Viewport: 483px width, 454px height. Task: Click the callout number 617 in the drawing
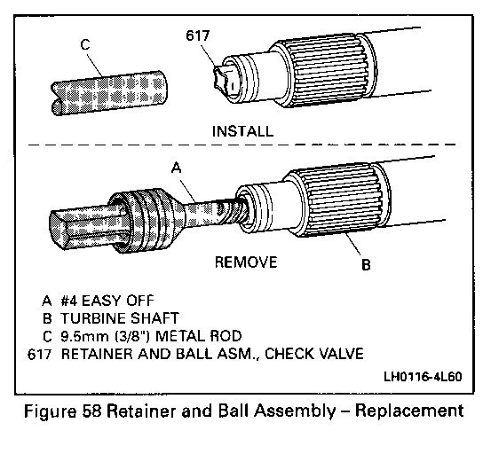tap(198, 35)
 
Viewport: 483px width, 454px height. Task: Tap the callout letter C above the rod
tap(85, 44)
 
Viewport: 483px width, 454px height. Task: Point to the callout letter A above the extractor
tap(177, 168)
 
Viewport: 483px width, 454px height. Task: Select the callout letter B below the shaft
tap(366, 264)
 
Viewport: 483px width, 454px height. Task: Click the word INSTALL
tap(242, 131)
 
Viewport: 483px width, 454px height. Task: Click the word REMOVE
tap(246, 262)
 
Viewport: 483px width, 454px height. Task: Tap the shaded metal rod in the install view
tap(109, 93)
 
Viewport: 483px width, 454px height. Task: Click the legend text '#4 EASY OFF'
tap(107, 301)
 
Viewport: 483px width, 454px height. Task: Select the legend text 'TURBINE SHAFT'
tap(120, 318)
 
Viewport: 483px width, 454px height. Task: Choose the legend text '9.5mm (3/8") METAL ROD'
tap(151, 336)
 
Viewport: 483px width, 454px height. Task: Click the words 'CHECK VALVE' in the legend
tap(314, 354)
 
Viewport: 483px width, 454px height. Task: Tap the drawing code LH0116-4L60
tap(423, 377)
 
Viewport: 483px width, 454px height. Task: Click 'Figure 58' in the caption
tap(63, 411)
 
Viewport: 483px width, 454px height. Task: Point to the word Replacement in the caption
tap(409, 411)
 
